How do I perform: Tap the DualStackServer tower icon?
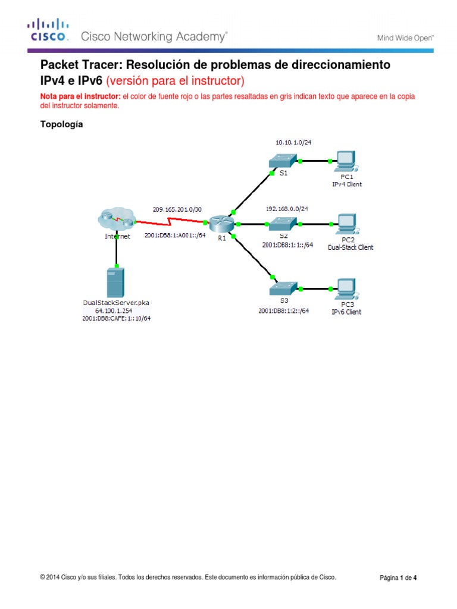tap(116, 282)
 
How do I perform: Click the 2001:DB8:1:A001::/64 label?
tap(174, 236)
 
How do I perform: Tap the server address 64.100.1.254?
tap(116, 310)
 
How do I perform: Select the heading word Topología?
tap(61, 125)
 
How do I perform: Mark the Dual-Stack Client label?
tap(350, 247)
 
